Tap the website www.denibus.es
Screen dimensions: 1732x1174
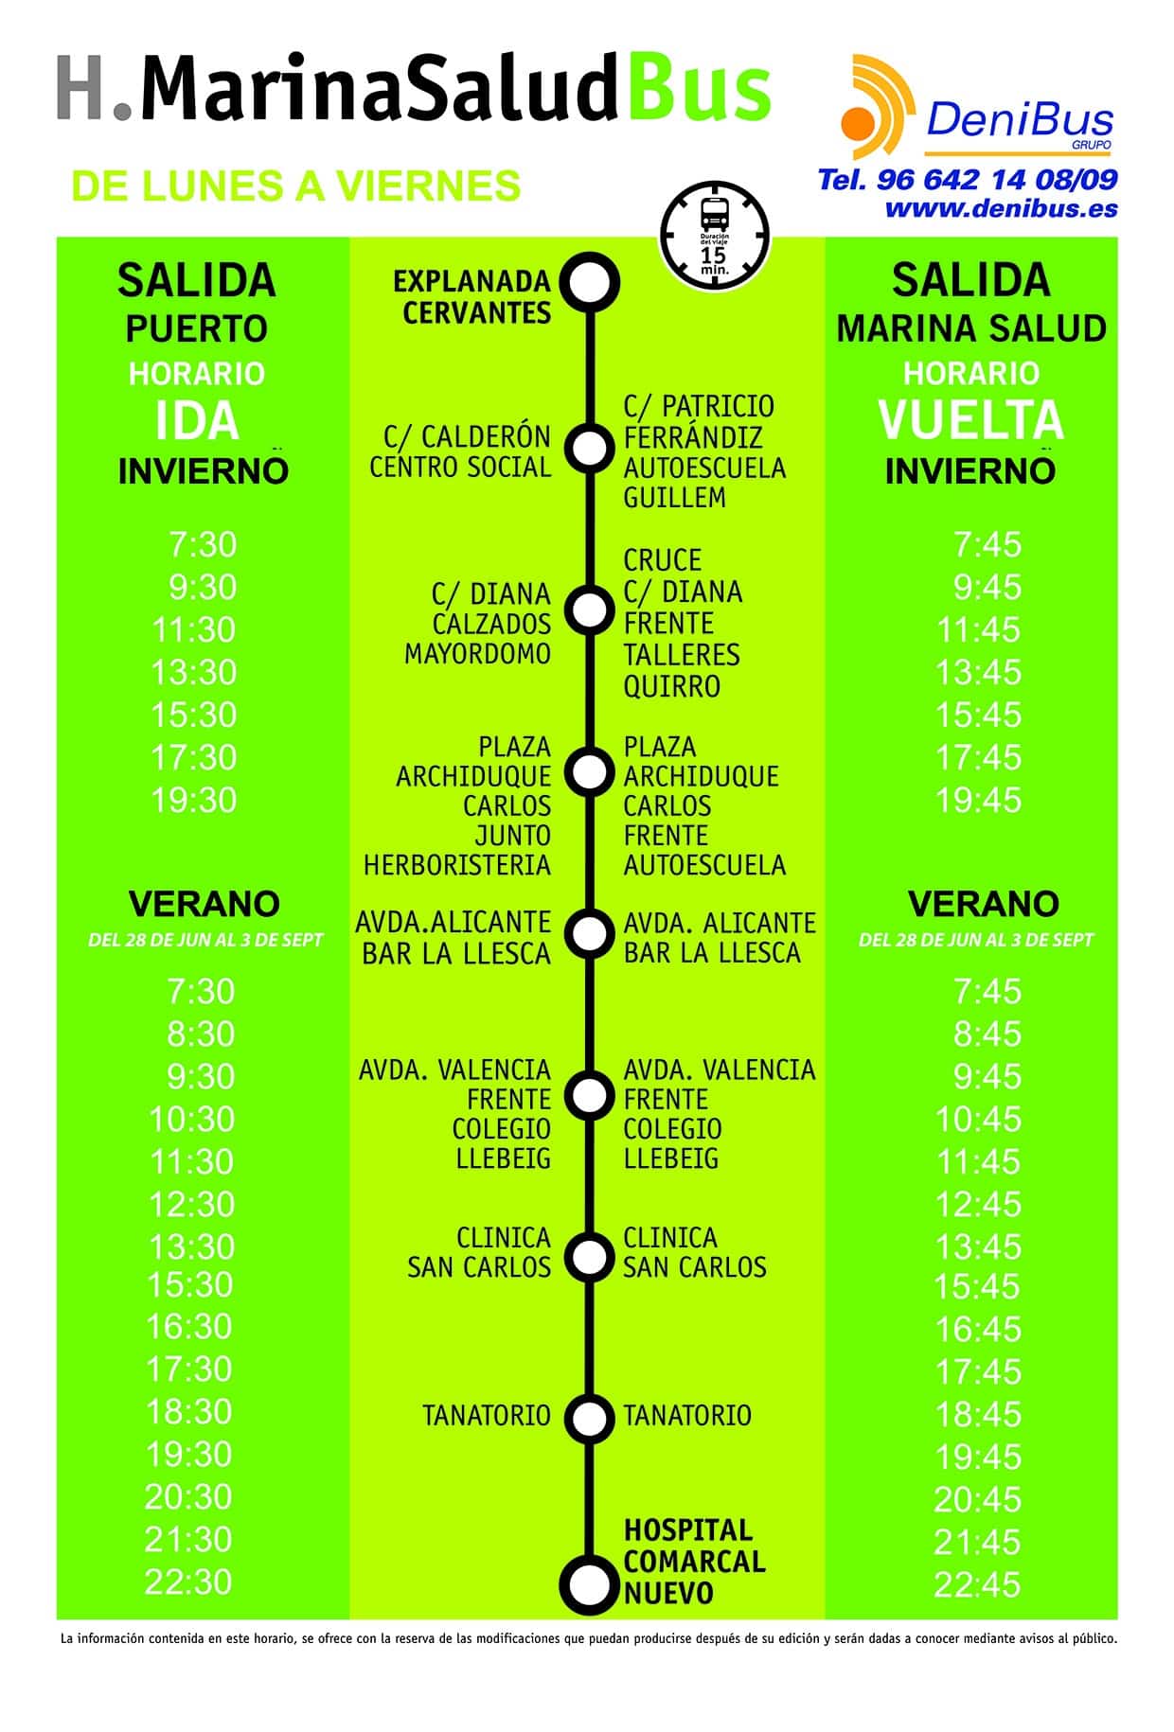[x=1001, y=208]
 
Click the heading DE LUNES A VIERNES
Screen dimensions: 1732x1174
[x=295, y=186]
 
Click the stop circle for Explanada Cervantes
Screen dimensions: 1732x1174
[x=589, y=281]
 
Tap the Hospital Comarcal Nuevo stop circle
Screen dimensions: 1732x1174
[x=589, y=1582]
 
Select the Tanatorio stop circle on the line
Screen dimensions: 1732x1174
[x=589, y=1417]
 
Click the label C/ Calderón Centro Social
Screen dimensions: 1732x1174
[x=460, y=451]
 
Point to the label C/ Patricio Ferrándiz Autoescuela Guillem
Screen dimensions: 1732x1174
[x=703, y=451]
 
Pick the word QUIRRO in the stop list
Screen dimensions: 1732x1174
[x=671, y=686]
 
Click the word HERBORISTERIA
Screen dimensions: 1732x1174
[x=456, y=865]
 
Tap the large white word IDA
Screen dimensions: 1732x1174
[x=197, y=421]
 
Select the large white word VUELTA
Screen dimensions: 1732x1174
[x=970, y=421]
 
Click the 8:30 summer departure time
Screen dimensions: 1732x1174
[x=201, y=1034]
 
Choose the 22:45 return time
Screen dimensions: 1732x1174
[x=977, y=1584]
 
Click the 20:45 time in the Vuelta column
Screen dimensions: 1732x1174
[x=977, y=1499]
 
